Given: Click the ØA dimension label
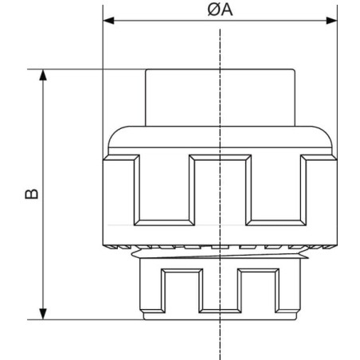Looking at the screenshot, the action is pos(220,10).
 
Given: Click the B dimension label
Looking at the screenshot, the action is pos(32,194).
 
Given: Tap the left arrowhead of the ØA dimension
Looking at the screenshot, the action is pos(108,21).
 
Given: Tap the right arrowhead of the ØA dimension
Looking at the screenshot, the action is pos(331,21).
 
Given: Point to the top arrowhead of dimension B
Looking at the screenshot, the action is pos(43,75).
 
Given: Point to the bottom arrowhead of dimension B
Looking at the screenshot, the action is pos(43,314).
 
